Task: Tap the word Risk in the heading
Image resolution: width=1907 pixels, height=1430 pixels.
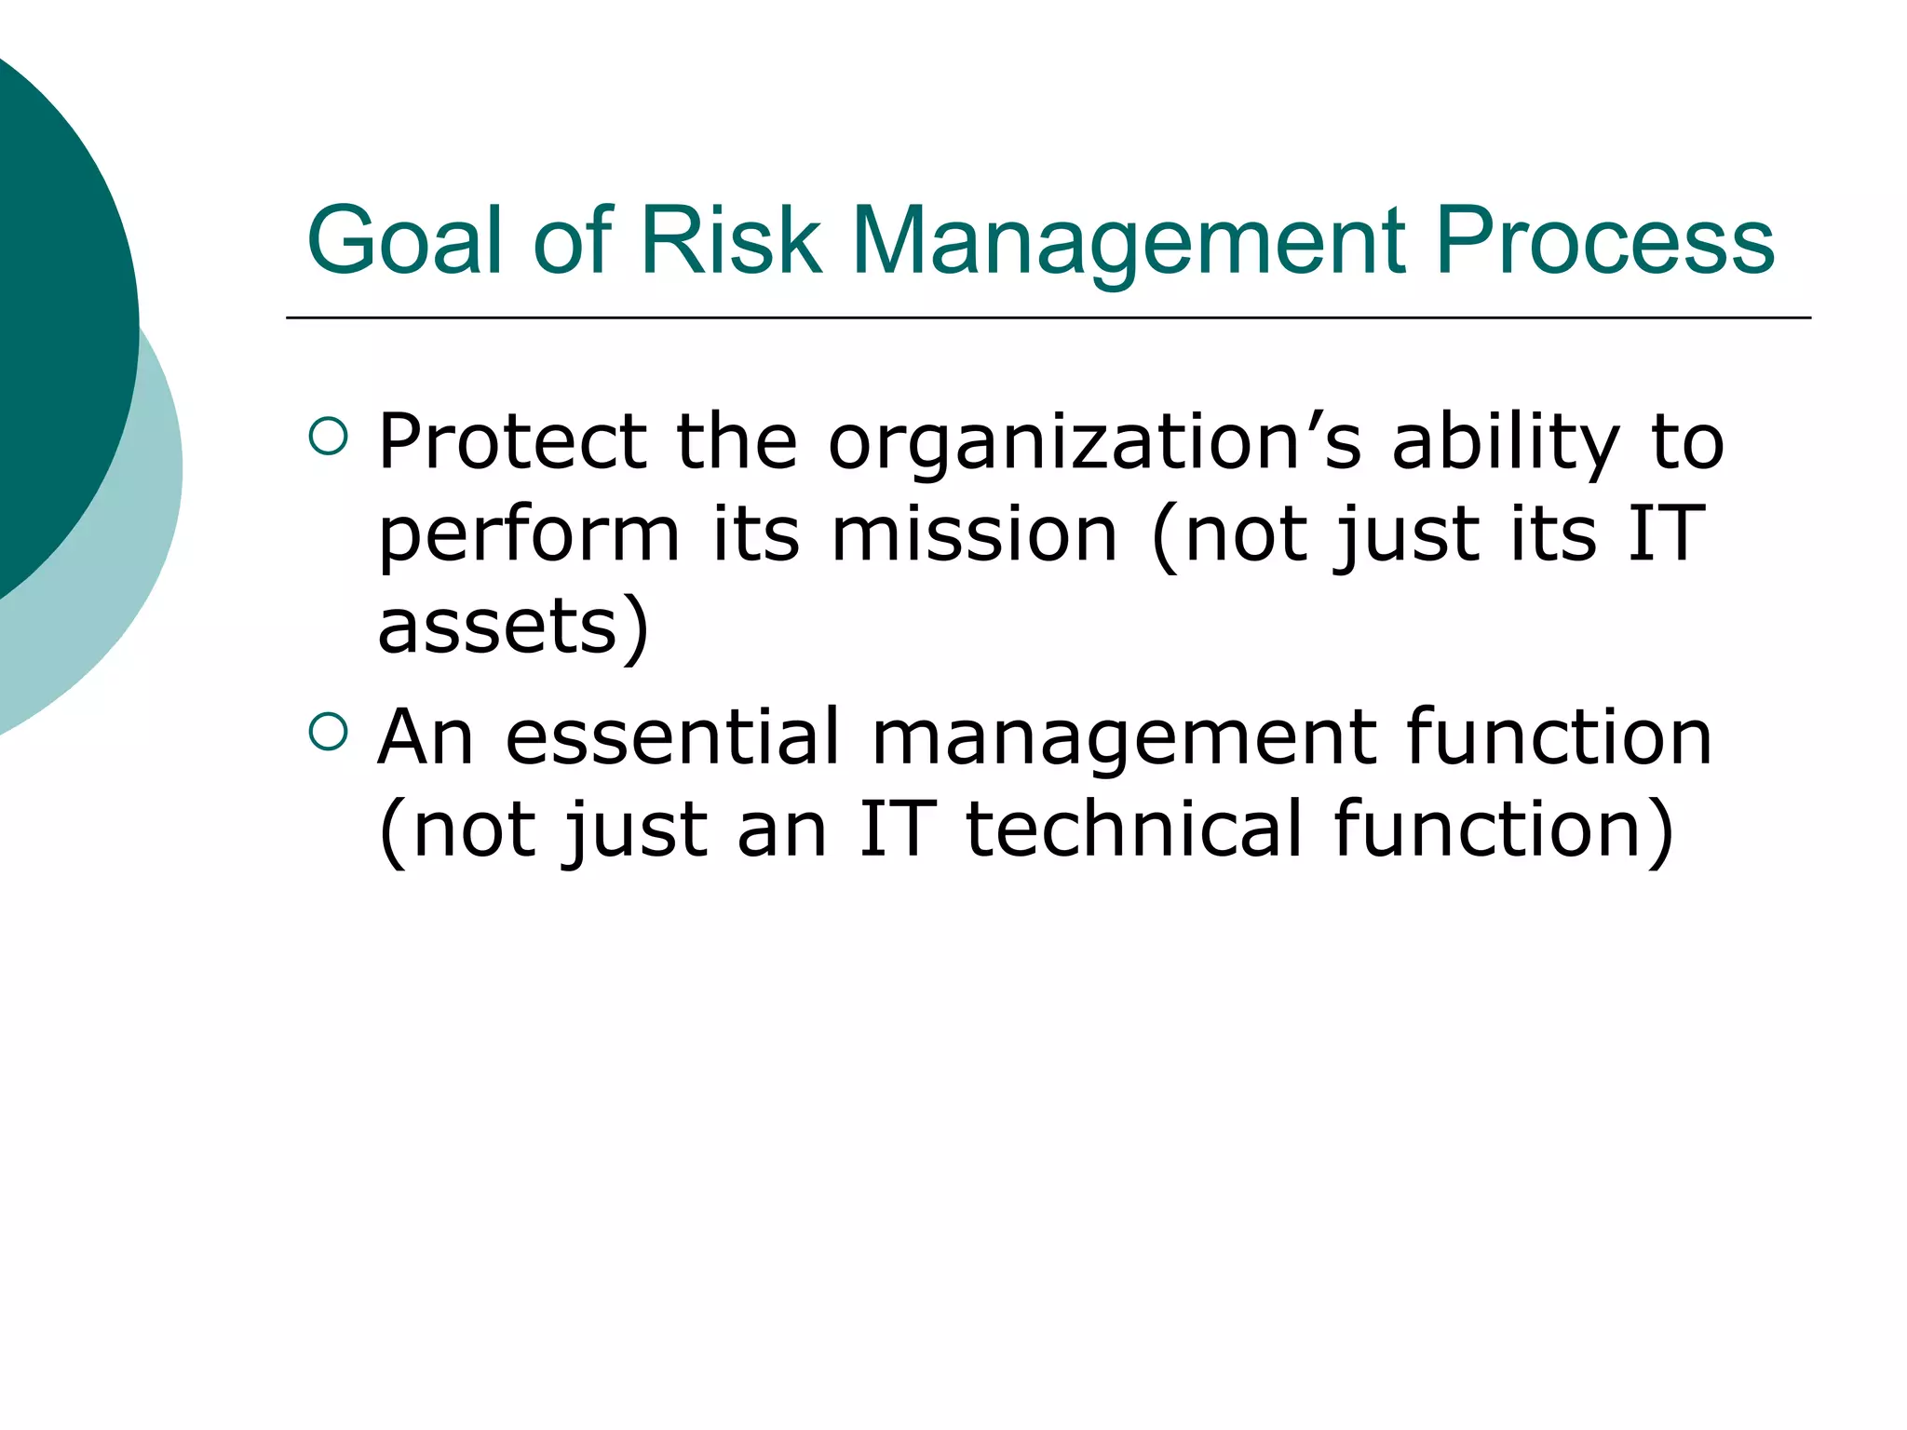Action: [x=731, y=242]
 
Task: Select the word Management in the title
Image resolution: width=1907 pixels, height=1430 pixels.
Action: [x=1128, y=242]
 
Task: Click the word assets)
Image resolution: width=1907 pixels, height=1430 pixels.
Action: [x=513, y=626]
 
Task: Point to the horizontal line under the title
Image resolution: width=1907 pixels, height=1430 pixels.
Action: [x=1048, y=318]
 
